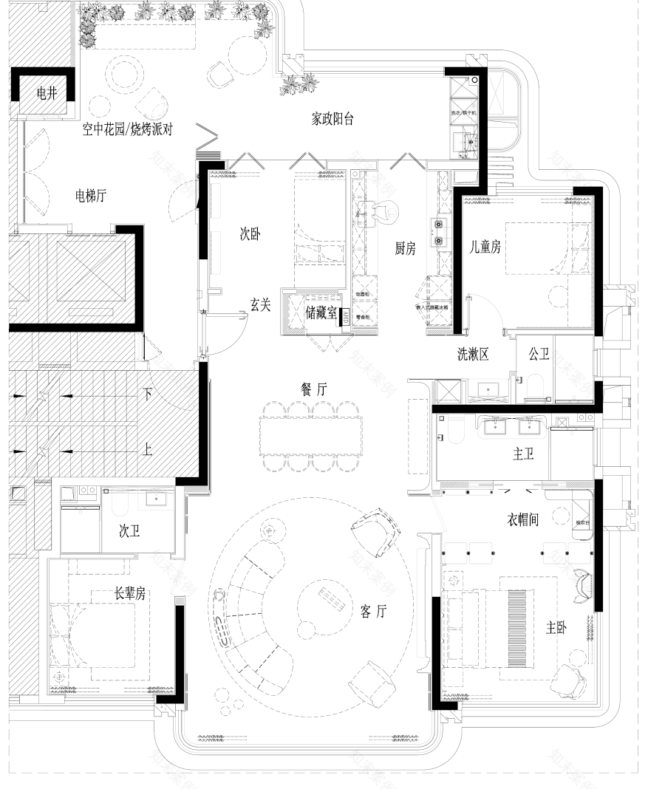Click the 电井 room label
[x=47, y=94]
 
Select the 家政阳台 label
[x=332, y=119]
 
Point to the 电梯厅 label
[x=91, y=196]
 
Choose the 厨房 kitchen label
[x=405, y=249]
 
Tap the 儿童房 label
[x=485, y=247]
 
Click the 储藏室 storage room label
[x=321, y=314]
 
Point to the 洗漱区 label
[x=474, y=354]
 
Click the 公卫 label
[x=539, y=354]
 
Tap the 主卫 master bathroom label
[x=523, y=454]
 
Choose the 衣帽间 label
[x=523, y=520]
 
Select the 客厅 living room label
[x=374, y=611]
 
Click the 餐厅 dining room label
[x=313, y=389]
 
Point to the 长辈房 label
[x=129, y=592]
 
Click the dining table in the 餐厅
[x=313, y=436]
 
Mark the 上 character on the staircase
[x=148, y=448]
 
